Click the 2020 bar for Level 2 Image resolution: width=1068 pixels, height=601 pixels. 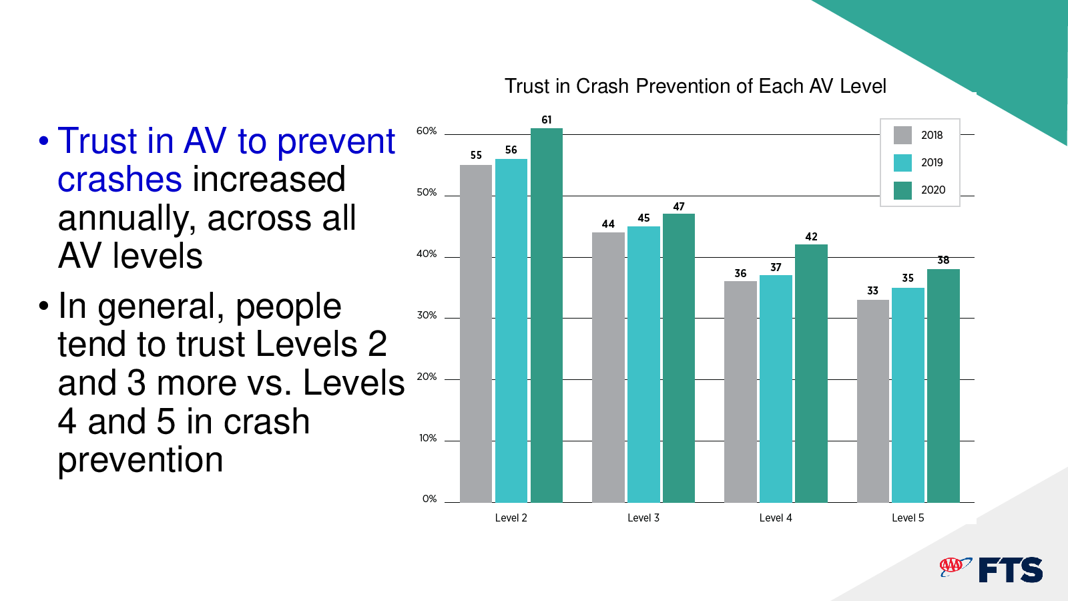(547, 315)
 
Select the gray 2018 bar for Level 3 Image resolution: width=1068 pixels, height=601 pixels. (608, 367)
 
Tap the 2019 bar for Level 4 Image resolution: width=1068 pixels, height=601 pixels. (776, 389)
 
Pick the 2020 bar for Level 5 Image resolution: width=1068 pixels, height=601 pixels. (943, 386)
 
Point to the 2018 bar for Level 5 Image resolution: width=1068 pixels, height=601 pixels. (873, 401)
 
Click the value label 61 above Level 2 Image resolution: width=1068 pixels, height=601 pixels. (547, 120)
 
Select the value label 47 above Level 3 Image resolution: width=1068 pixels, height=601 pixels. (679, 206)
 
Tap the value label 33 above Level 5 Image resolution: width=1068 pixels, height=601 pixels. (872, 290)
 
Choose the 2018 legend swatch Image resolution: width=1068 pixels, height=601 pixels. (902, 135)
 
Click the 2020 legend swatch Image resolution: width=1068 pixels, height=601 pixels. (902, 190)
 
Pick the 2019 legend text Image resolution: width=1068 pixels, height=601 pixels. (932, 163)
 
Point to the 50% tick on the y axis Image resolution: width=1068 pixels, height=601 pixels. (427, 192)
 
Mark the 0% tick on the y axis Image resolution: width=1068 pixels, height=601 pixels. (430, 499)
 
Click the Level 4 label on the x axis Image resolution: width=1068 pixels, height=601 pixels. (776, 518)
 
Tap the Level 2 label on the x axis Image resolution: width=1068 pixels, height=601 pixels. (511, 518)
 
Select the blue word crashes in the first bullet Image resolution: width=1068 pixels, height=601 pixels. (119, 180)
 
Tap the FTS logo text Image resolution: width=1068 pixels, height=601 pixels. (1011, 570)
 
